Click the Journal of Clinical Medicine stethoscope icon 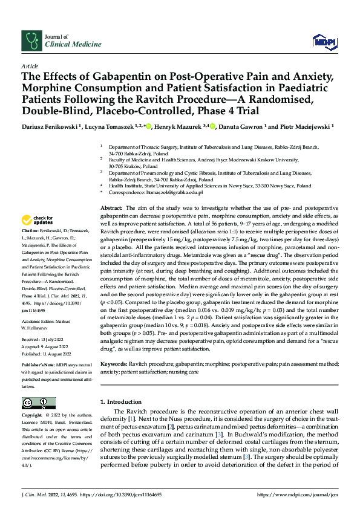[x=31, y=41]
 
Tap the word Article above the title [x=30, y=65]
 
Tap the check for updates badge [x=38, y=219]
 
